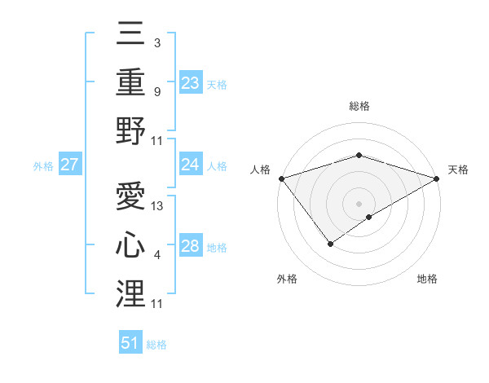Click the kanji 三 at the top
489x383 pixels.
[x=130, y=34]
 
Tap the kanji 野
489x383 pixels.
[x=130, y=130]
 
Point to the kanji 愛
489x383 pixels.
[x=130, y=196]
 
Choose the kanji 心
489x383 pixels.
[x=130, y=244]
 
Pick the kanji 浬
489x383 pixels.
[x=130, y=293]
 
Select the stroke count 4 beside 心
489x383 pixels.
[x=156, y=256]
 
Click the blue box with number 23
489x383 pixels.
[x=190, y=82]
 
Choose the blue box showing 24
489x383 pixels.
[x=190, y=165]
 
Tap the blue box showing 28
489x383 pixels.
[x=190, y=246]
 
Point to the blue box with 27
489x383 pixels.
[x=69, y=165]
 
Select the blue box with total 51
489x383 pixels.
[x=130, y=343]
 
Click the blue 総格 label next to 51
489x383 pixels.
[x=156, y=345]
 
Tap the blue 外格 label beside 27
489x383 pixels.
[x=43, y=166]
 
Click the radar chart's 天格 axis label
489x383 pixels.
[x=459, y=169]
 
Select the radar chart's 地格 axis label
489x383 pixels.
[x=427, y=279]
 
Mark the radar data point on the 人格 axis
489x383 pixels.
[x=281, y=178]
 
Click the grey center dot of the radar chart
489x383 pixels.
[x=359, y=203]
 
